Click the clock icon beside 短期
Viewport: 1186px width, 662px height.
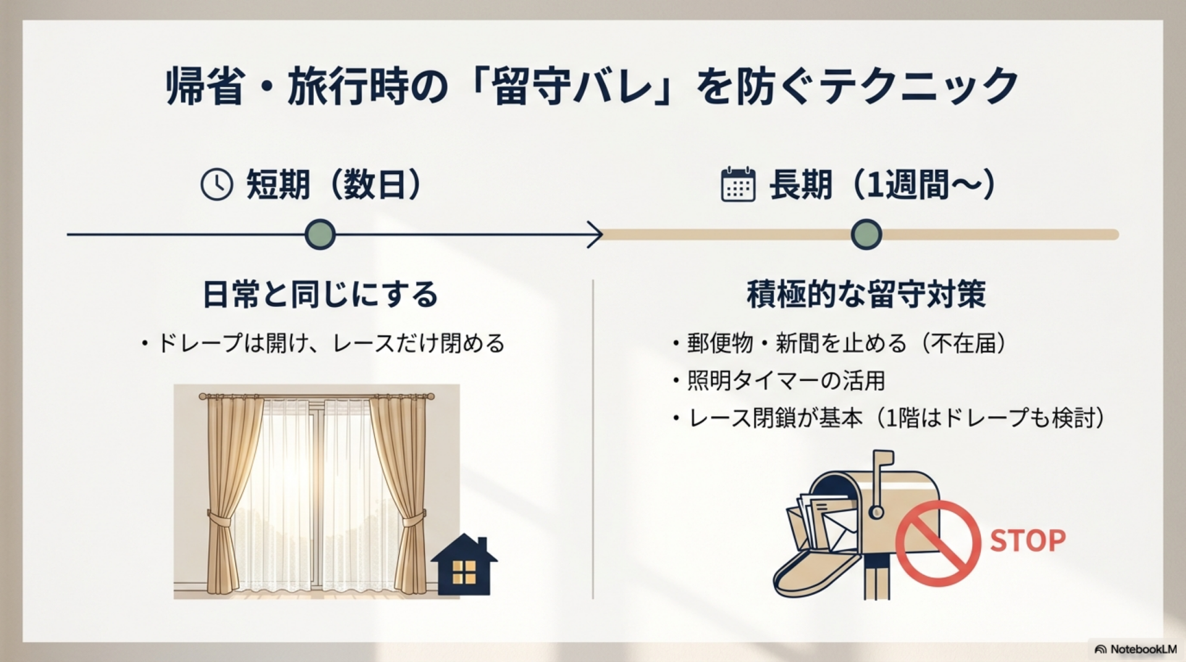217,185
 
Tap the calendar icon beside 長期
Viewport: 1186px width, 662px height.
738,184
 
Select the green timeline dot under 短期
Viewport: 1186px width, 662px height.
320,235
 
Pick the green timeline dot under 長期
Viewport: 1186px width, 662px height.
866,235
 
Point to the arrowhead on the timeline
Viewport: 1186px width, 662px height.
596,235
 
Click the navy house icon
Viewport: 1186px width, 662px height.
464,564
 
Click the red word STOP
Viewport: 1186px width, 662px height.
1028,540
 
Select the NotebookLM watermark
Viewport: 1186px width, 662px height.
1135,649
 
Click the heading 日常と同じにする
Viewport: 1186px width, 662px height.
321,294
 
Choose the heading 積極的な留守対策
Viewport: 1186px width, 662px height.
866,294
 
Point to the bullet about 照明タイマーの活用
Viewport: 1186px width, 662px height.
779,381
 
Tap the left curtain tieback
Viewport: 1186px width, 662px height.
221,517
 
